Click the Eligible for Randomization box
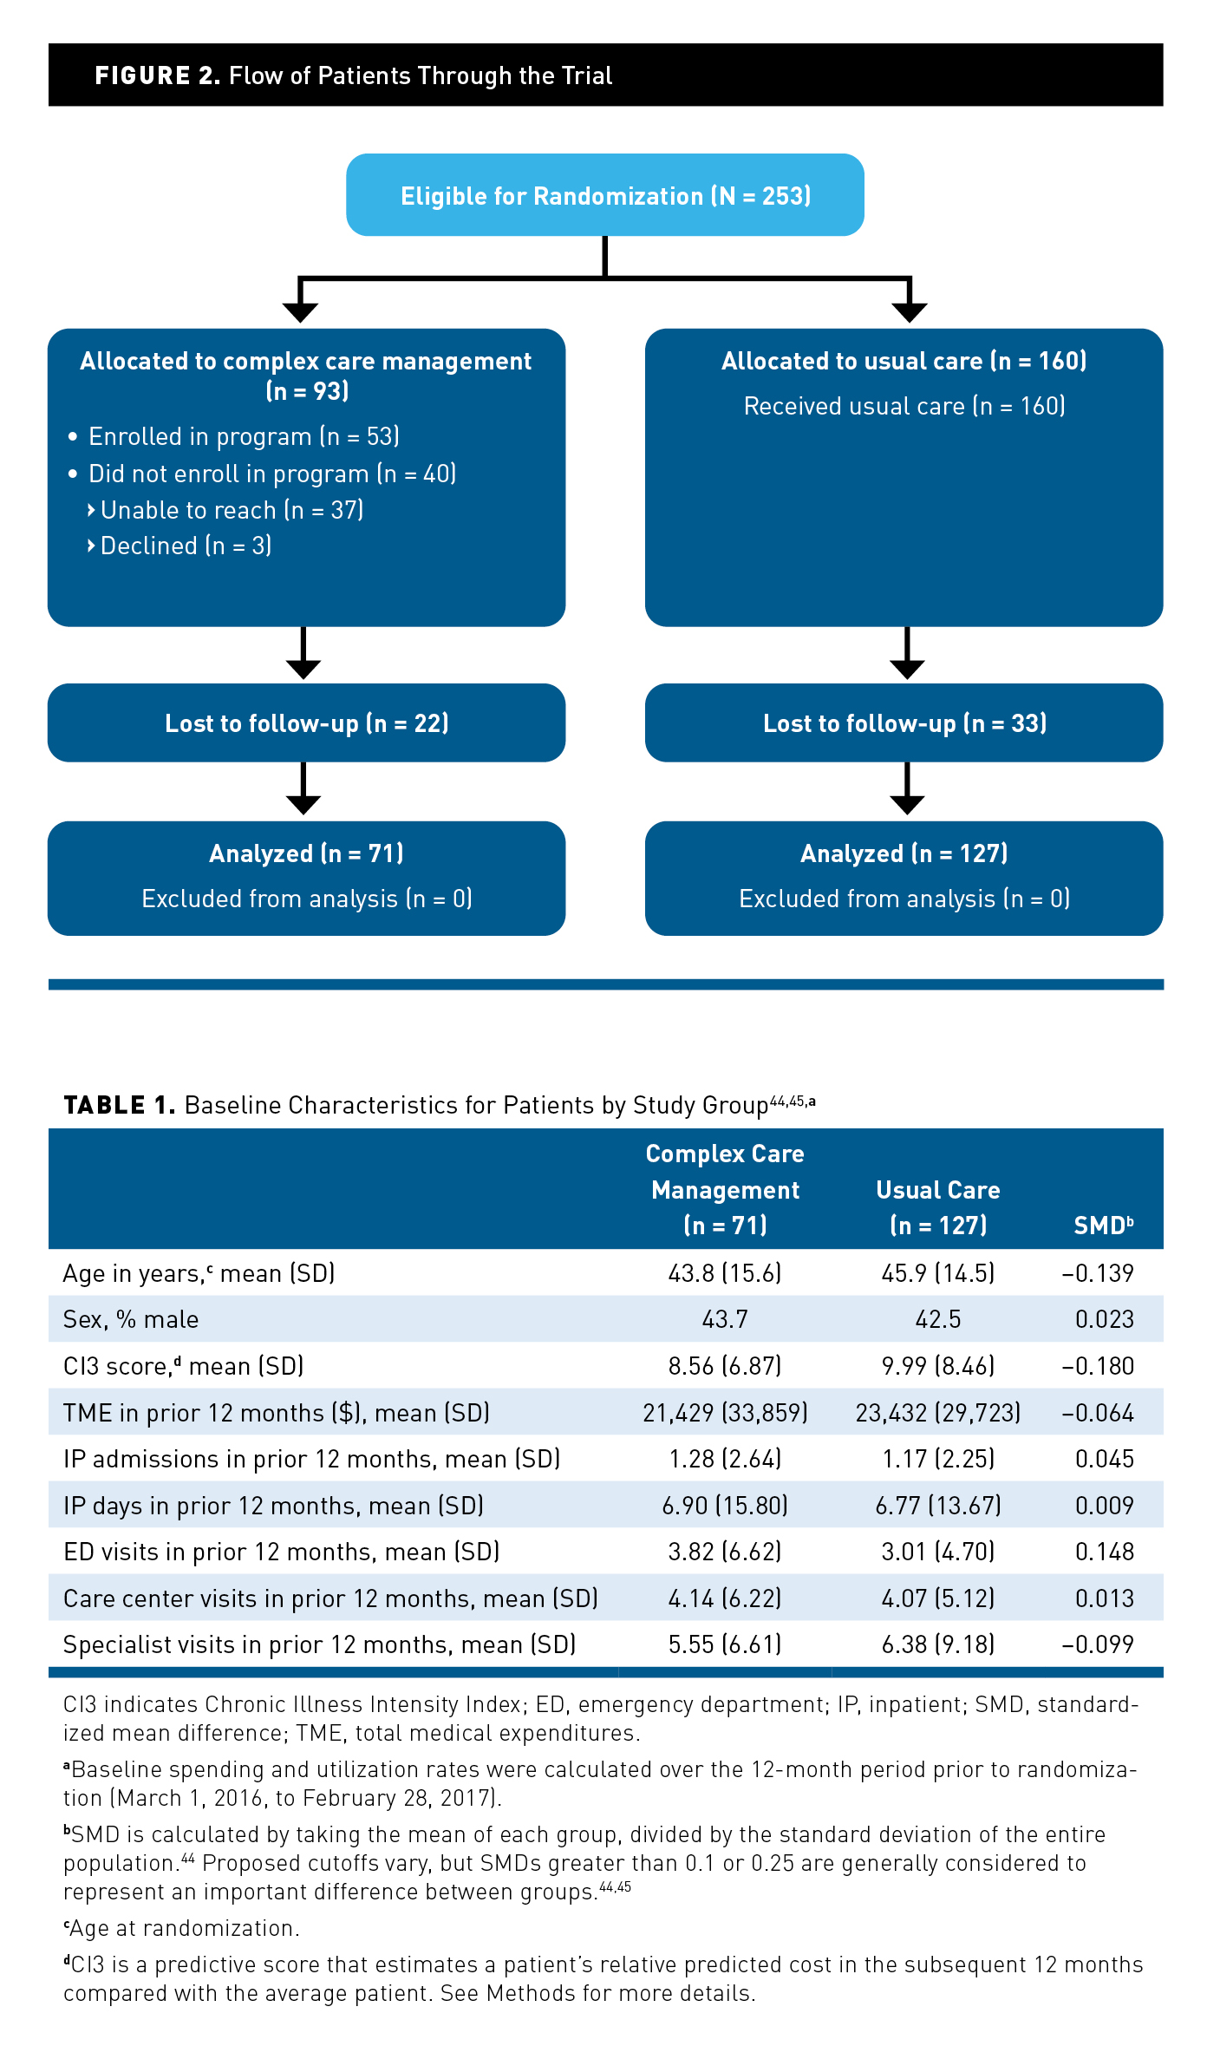pyautogui.click(x=604, y=195)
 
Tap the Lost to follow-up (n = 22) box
pyautogui.click(x=306, y=723)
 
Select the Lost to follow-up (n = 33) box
pyautogui.click(x=904, y=723)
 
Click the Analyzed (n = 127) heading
pyautogui.click(x=904, y=853)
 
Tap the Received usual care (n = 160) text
pyautogui.click(x=904, y=406)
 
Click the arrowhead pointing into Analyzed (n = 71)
pyautogui.click(x=303, y=804)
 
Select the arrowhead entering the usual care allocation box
pyautogui.click(x=910, y=312)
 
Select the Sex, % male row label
pyautogui.click(x=131, y=1319)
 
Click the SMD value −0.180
pyautogui.click(x=1098, y=1366)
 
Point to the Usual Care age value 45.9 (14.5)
pyautogui.click(x=938, y=1273)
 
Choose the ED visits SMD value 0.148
pyautogui.click(x=1104, y=1552)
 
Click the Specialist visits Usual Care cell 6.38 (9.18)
pyautogui.click(x=938, y=1644)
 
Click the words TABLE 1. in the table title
pyautogui.click(x=119, y=1105)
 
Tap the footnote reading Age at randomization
pyautogui.click(x=182, y=1928)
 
